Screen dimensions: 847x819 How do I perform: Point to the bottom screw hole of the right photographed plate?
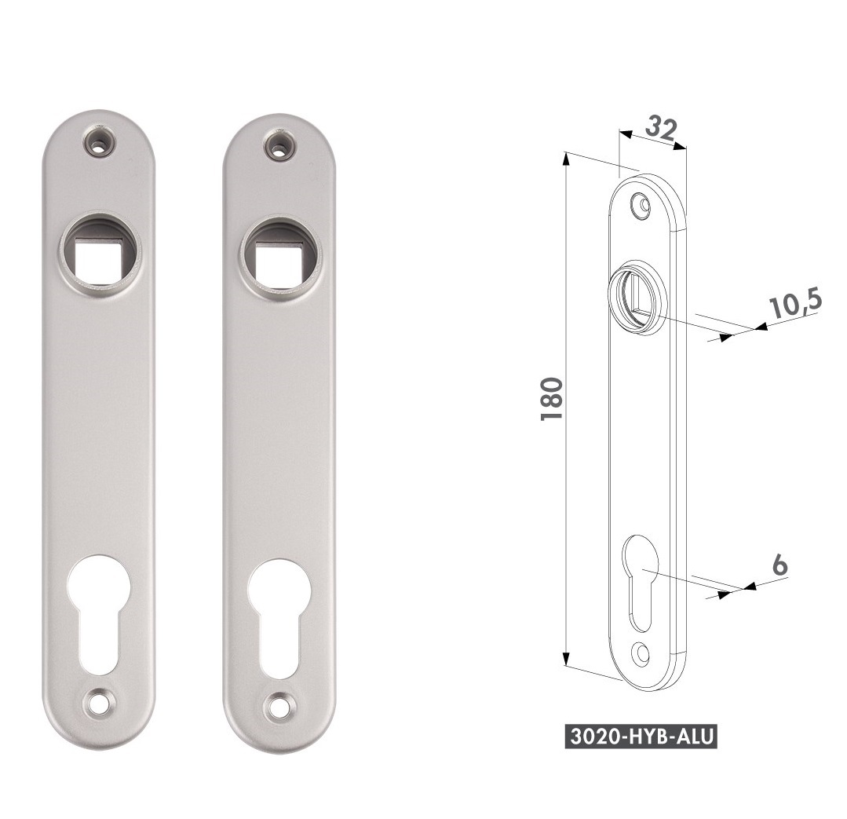click(279, 705)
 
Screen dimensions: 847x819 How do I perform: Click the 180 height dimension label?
click(552, 399)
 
